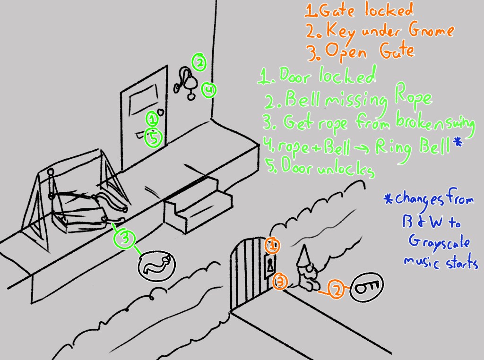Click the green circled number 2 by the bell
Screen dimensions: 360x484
(x=199, y=62)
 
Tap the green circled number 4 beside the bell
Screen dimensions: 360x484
(x=208, y=90)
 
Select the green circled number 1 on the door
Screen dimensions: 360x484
(x=151, y=118)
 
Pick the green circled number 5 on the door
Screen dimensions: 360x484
(x=153, y=137)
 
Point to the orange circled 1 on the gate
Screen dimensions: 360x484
(x=272, y=246)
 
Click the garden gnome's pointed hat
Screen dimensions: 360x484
(x=302, y=255)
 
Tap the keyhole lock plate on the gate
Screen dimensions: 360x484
(x=269, y=266)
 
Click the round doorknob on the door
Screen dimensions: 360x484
(x=160, y=113)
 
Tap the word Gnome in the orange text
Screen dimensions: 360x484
(x=430, y=31)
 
